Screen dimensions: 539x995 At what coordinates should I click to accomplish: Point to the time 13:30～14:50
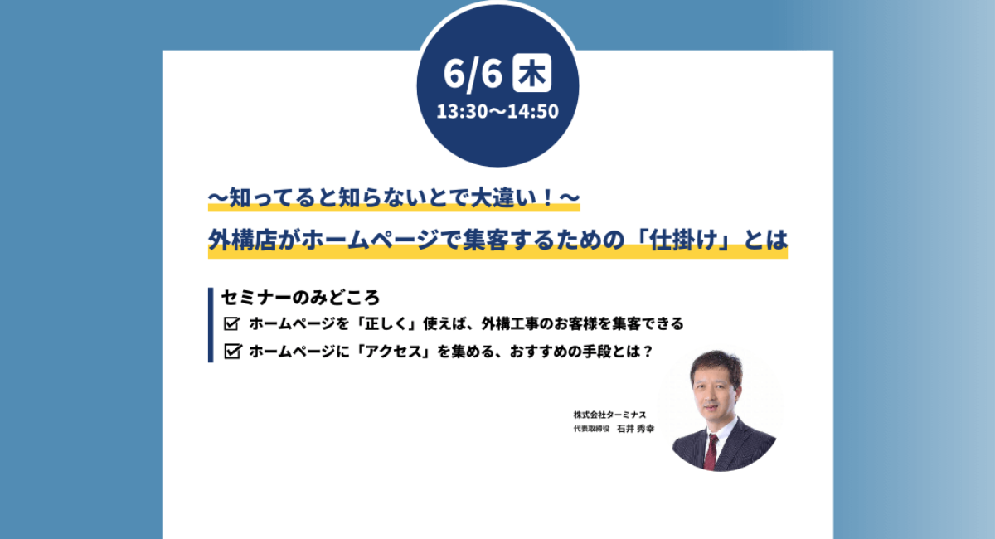498,111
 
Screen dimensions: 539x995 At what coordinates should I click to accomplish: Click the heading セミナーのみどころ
301,297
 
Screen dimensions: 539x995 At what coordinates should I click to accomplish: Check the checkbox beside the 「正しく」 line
232,323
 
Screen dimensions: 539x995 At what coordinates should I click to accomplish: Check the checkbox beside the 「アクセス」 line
232,352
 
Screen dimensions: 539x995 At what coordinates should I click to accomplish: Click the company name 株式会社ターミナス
609,415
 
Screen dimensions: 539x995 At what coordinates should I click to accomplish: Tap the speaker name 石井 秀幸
635,430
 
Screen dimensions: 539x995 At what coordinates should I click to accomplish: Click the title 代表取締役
591,430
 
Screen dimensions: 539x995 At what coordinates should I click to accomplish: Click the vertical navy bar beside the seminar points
211,324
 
